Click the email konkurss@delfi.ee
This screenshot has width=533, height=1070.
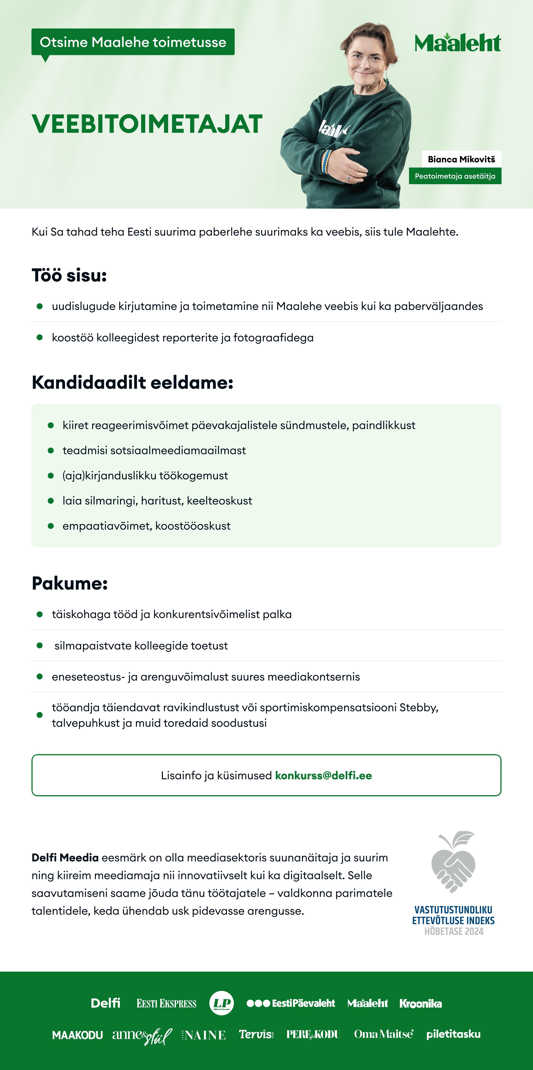324,776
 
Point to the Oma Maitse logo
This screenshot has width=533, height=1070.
383,1034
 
